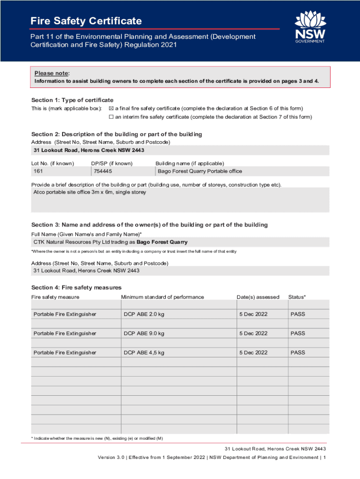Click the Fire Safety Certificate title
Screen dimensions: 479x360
pos(86,21)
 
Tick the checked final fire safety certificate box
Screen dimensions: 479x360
pos(111,109)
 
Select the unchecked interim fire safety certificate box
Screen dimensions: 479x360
pos(111,117)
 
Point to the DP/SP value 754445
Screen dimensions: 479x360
pos(103,171)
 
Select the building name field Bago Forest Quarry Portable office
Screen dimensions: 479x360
pos(200,171)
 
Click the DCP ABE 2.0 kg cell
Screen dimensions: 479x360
pos(144,314)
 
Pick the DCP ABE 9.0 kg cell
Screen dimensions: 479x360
pos(144,334)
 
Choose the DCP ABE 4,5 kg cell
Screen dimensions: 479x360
pos(144,353)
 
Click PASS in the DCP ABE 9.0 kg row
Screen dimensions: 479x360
pos(297,334)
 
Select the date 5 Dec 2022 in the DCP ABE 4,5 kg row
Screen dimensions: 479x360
pos(253,353)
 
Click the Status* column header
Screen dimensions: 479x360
pos(297,297)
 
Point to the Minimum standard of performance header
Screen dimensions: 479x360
pos(162,297)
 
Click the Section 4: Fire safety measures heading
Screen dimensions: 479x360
pos(76,287)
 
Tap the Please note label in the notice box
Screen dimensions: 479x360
pos(52,73)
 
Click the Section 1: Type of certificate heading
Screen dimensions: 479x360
pos(72,100)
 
